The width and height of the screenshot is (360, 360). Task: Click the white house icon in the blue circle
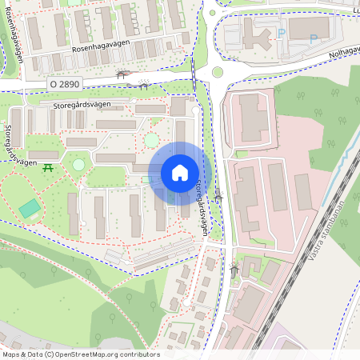(180, 172)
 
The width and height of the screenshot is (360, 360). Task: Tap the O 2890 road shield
(64, 83)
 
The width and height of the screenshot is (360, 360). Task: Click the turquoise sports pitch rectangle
(30, 209)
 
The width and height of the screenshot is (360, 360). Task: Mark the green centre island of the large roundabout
(218, 73)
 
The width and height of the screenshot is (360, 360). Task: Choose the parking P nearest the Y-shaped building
(281, 34)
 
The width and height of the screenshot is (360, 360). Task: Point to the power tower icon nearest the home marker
(218, 196)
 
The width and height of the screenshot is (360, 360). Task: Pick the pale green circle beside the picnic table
(78, 164)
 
